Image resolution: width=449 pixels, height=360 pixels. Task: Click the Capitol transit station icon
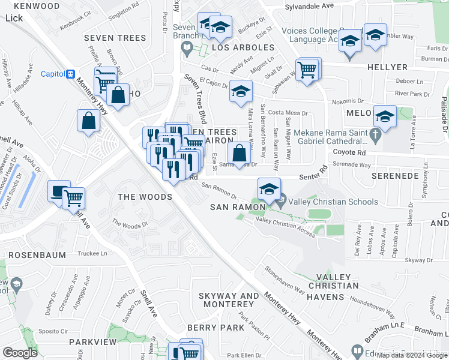pyautogui.click(x=71, y=74)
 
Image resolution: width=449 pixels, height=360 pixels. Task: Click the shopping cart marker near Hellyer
pyautogui.click(x=307, y=70)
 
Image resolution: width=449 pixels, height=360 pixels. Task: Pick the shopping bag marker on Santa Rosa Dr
pyautogui.click(x=239, y=154)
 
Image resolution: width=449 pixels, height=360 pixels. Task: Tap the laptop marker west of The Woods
pyautogui.click(x=59, y=192)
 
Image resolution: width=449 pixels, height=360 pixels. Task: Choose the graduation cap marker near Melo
pyautogui.click(x=384, y=116)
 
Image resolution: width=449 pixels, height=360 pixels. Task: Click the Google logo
pyautogui.click(x=20, y=352)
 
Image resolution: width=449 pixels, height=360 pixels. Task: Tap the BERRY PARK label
pyautogui.click(x=215, y=328)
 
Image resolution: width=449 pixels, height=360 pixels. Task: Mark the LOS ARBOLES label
pyautogui.click(x=234, y=47)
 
